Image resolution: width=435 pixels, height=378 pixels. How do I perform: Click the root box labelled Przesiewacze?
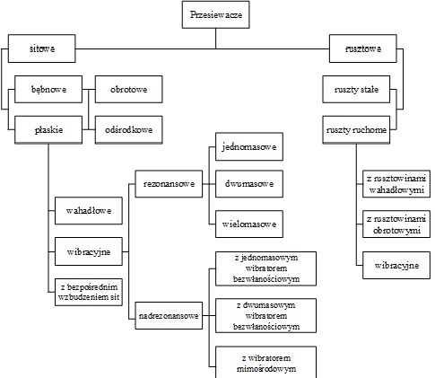pyautogui.click(x=215, y=14)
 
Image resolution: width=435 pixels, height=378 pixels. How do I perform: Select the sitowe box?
pyautogui.click(x=41, y=48)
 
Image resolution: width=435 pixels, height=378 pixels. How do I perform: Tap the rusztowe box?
pyautogui.click(x=363, y=48)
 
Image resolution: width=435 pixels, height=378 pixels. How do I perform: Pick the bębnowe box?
pyautogui.click(x=48, y=89)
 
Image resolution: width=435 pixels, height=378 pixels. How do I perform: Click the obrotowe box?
pyautogui.click(x=128, y=89)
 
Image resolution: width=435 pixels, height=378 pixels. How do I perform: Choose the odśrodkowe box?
pyautogui.click(x=128, y=130)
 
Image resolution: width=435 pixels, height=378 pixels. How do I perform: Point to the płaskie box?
pyautogui.click(x=48, y=130)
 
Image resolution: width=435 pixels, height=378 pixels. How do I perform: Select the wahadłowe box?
pyautogui.click(x=89, y=210)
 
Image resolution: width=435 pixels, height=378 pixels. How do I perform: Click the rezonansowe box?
pyautogui.click(x=169, y=184)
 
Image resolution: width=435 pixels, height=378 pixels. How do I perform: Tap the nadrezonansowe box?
pyautogui.click(x=169, y=315)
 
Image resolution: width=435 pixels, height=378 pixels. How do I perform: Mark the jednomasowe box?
pyautogui.click(x=249, y=146)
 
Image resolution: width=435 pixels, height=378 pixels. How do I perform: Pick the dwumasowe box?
pyautogui.click(x=249, y=184)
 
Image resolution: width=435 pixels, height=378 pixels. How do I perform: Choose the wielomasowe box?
pyautogui.click(x=249, y=224)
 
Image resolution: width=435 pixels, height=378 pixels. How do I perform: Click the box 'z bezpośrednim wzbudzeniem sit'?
pyautogui.click(x=89, y=292)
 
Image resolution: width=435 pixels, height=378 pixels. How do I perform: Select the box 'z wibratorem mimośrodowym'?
pyautogui.click(x=265, y=362)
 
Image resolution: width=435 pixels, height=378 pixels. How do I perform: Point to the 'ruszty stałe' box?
pyautogui.click(x=356, y=89)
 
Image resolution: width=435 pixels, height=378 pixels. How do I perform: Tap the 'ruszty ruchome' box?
pyautogui.click(x=356, y=130)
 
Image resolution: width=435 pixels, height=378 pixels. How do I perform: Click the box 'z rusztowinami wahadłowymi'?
pyautogui.click(x=396, y=184)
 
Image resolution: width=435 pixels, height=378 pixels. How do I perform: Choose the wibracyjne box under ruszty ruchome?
pyautogui.click(x=396, y=265)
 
